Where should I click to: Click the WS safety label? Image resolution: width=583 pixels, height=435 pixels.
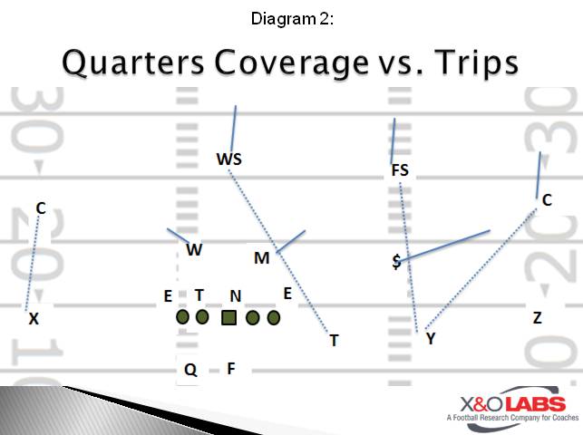(x=228, y=159)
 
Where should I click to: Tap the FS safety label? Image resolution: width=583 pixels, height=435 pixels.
(x=400, y=169)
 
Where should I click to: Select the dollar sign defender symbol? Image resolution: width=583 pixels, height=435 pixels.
(x=396, y=262)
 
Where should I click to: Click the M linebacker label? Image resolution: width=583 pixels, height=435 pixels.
(x=261, y=258)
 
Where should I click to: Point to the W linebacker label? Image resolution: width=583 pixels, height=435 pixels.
(x=194, y=250)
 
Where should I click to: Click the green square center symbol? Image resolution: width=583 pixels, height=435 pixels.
(x=229, y=317)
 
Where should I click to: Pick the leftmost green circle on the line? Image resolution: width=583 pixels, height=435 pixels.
(x=182, y=317)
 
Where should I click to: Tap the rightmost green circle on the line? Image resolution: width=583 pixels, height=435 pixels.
(x=274, y=317)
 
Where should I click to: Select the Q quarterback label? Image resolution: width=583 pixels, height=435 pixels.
(x=190, y=369)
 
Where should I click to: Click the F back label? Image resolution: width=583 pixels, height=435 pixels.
(x=231, y=368)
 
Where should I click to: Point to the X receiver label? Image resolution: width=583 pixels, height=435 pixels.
(x=34, y=319)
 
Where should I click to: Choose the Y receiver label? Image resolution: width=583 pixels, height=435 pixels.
(x=430, y=338)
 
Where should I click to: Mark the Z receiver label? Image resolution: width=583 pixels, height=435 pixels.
(x=537, y=317)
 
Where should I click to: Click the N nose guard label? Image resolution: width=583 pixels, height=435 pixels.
(x=235, y=295)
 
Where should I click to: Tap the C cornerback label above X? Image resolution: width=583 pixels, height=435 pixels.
(x=40, y=208)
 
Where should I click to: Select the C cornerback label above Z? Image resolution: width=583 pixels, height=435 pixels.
(x=547, y=200)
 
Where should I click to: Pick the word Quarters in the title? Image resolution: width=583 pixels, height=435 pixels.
(x=127, y=63)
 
